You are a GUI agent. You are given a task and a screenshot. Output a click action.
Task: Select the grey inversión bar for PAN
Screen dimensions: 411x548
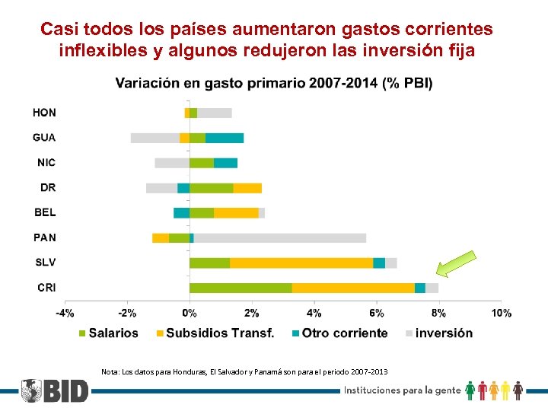coord(280,237)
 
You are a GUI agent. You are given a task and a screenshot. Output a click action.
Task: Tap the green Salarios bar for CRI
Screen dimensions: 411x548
coord(241,288)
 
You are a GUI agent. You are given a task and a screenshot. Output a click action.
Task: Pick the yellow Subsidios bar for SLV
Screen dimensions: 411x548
coord(301,263)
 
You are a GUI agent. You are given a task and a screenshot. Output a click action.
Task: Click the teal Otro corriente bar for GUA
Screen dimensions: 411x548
coord(225,138)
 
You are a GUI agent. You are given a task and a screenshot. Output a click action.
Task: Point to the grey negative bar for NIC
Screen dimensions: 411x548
coord(172,163)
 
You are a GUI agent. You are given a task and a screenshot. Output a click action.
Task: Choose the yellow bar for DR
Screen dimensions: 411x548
coord(247,188)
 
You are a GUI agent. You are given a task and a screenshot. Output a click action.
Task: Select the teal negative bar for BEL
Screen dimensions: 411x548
coord(181,213)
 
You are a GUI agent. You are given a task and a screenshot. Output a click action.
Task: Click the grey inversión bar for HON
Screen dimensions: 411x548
coord(215,113)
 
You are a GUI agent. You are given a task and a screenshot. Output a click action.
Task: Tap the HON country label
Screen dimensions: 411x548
coord(44,113)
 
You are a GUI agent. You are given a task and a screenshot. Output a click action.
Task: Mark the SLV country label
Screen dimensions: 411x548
coord(45,263)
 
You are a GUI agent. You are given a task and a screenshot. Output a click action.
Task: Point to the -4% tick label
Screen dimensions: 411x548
coord(65,313)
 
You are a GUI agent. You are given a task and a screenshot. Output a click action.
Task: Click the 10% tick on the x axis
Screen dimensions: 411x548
coord(501,313)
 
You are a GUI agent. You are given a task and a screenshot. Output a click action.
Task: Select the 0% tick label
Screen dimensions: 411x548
coord(190,313)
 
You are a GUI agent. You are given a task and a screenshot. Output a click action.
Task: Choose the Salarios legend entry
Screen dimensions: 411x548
coord(108,333)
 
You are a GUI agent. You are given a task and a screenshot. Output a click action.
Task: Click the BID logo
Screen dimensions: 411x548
coord(55,390)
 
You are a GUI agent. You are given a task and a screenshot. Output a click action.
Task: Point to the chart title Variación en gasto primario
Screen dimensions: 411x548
coord(274,83)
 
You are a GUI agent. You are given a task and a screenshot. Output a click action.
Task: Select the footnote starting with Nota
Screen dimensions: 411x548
coord(244,371)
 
